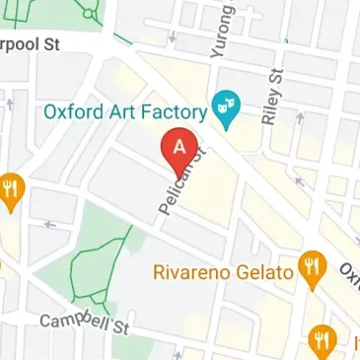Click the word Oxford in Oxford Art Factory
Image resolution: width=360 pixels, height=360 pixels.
(73, 111)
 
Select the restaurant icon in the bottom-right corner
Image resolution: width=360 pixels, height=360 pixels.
(321, 341)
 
